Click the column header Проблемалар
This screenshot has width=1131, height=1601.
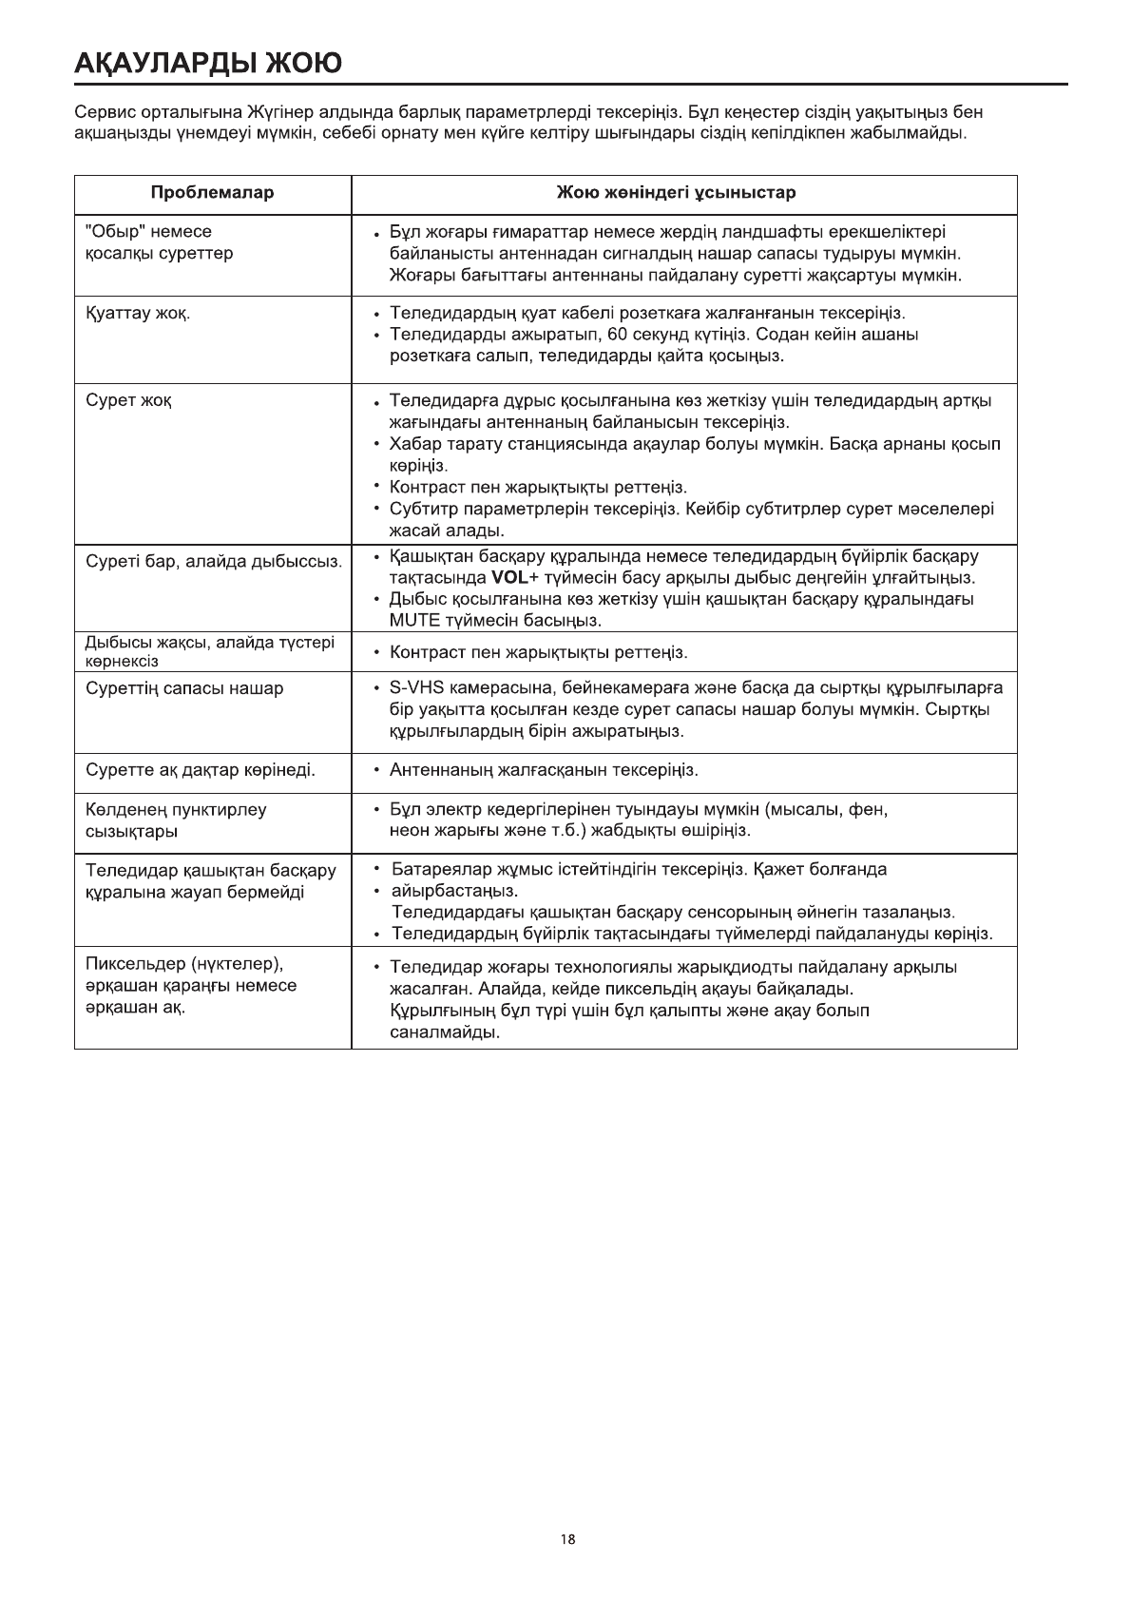[212, 193]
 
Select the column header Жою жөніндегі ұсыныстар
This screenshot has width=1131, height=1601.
[676, 193]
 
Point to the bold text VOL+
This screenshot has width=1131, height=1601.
[515, 577]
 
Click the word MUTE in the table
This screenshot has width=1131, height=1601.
[415, 621]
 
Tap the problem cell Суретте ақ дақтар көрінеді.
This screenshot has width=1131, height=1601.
[201, 769]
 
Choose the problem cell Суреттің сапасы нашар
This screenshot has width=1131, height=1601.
[184, 688]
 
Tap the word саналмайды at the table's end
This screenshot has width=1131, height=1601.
[445, 1032]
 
